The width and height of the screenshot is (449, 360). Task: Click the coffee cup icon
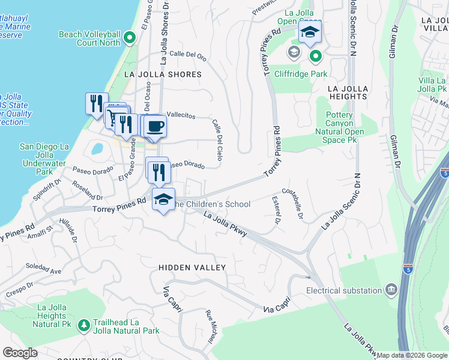[x=155, y=126]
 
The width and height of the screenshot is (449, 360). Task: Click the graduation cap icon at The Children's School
[x=163, y=200]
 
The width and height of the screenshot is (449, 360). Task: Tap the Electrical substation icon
[x=391, y=290]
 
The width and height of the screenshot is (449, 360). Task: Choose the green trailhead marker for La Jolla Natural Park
[x=83, y=325]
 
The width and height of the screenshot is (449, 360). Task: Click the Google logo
[x=20, y=353]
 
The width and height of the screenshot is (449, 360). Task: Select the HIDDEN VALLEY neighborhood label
[x=192, y=267]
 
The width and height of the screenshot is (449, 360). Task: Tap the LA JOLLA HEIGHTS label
[x=348, y=92]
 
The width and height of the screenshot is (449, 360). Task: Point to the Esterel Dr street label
[x=276, y=209]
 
